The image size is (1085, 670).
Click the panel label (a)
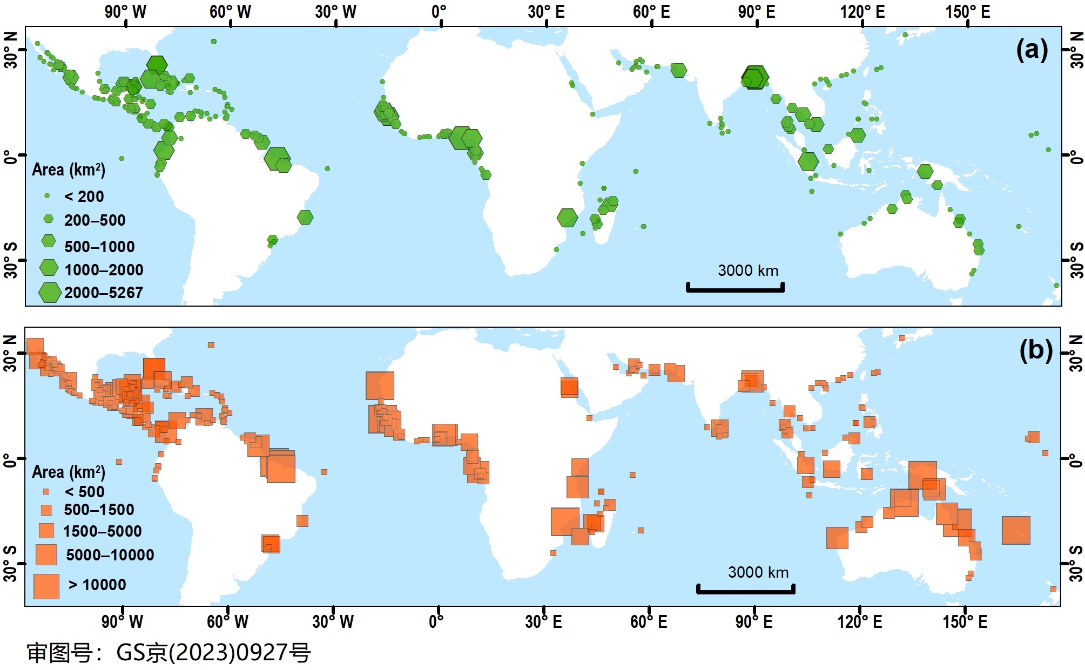pyautogui.click(x=1032, y=51)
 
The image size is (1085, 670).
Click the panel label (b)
pyautogui.click(x=1035, y=351)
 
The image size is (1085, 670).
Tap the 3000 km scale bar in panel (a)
pyautogui.click(x=735, y=288)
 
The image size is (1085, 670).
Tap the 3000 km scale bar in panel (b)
pyautogui.click(x=745, y=590)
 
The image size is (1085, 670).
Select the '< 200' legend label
pyautogui.click(x=84, y=197)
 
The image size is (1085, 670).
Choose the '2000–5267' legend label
pyautogui.click(x=104, y=293)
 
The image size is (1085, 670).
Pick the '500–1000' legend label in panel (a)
pyautogui.click(x=99, y=247)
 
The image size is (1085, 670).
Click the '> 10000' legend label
pyautogui.click(x=97, y=585)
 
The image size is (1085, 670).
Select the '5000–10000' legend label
pyautogui.click(x=110, y=555)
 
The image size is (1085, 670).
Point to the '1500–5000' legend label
pyautogui.click(x=103, y=531)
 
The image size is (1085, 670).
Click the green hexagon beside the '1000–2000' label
pyautogui.click(x=49, y=268)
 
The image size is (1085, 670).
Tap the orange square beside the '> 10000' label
pyautogui.click(x=46, y=586)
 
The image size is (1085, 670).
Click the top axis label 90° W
pyautogui.click(x=125, y=12)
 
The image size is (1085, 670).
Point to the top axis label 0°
pyautogui.click(x=439, y=12)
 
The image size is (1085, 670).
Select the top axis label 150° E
pyautogui.click(x=968, y=12)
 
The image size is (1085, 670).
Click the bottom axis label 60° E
pyautogui.click(x=649, y=622)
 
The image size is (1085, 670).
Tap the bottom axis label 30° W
pyautogui.click(x=333, y=622)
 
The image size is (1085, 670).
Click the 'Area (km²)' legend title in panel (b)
pyautogui.click(x=69, y=472)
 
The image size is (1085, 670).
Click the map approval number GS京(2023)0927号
pyautogui.click(x=169, y=653)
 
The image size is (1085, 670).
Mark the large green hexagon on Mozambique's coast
pyautogui.click(x=567, y=218)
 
